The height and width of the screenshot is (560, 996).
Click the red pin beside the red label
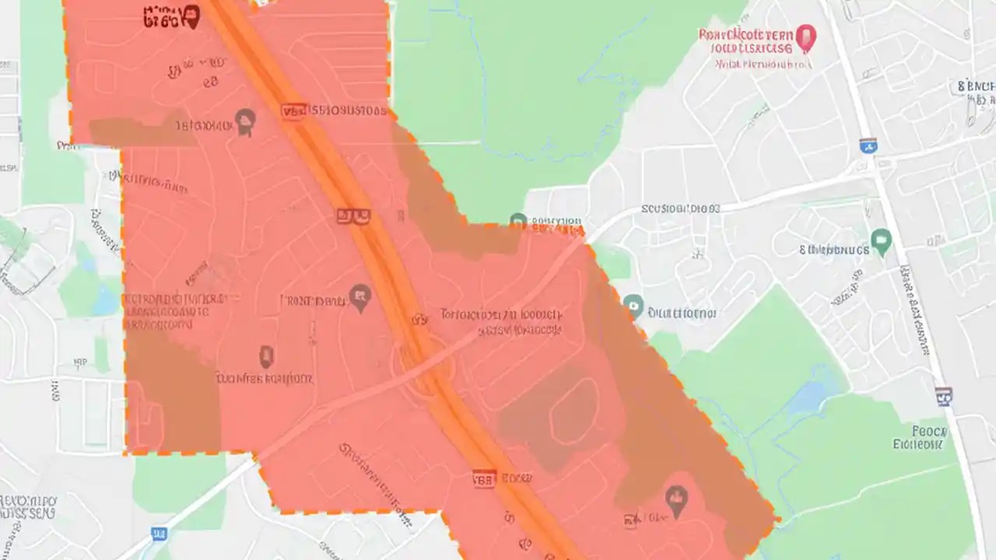[x=805, y=37]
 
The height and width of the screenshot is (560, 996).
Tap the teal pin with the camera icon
[x=633, y=306]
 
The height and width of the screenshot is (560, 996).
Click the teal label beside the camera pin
[x=682, y=313]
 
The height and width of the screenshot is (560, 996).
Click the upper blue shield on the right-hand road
[x=868, y=145]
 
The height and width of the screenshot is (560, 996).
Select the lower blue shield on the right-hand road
[x=944, y=397]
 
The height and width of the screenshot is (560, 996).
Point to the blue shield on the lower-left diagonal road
[x=160, y=534]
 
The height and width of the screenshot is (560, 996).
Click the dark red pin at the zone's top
[x=191, y=16]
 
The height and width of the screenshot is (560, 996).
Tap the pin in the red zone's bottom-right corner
[x=676, y=502]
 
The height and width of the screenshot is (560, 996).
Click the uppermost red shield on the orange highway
[x=293, y=112]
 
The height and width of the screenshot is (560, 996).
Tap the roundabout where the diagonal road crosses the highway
[x=420, y=365]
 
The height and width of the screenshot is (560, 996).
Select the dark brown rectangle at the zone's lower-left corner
[x=173, y=389]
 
